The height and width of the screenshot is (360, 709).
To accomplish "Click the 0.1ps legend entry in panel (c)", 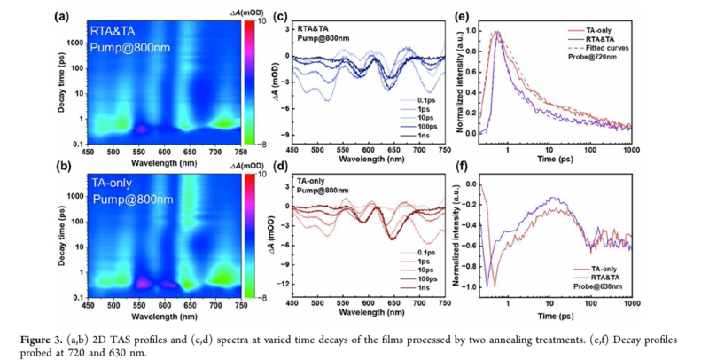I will coord(409,100).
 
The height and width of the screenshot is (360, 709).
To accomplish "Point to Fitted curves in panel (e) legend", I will coord(605,48).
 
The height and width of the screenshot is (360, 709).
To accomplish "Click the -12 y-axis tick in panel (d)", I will coord(284,284).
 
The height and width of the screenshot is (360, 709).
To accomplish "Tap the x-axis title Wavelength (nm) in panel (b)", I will coord(163,314).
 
